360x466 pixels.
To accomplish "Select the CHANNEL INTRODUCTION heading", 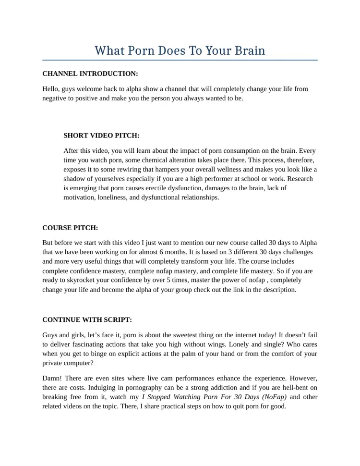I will click(90, 74).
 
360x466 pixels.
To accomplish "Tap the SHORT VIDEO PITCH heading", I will click(101, 135).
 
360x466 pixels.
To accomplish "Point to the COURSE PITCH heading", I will click(70, 227).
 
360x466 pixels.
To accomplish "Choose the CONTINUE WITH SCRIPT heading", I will click(87, 319).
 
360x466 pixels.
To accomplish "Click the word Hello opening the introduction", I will click(51, 89).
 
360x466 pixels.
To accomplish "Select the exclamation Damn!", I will click(53, 379).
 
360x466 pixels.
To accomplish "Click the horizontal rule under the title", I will click(180, 61).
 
